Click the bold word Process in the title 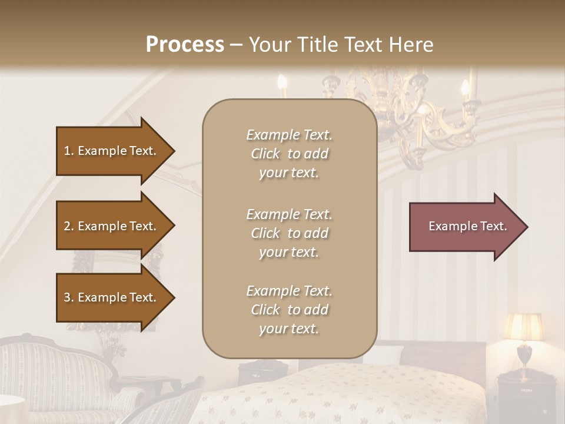pyautogui.click(x=185, y=45)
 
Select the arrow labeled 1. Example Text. pyautogui.click(x=112, y=151)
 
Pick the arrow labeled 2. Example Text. pyautogui.click(x=112, y=226)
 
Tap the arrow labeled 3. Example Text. pyautogui.click(x=112, y=297)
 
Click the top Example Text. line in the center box pyautogui.click(x=289, y=135)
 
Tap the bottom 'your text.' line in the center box pyautogui.click(x=289, y=329)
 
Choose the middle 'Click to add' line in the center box pyautogui.click(x=289, y=233)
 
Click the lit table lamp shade pyautogui.click(x=524, y=327)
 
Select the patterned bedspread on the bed pyautogui.click(x=330, y=395)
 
